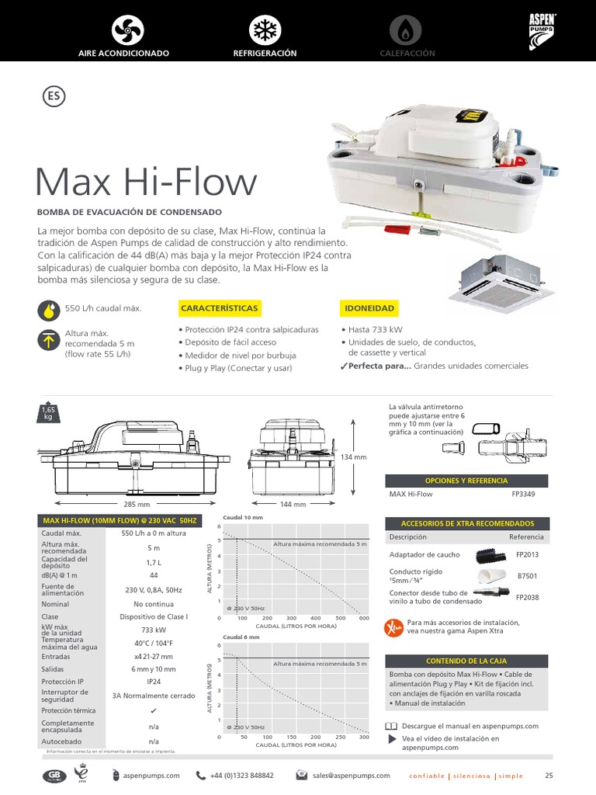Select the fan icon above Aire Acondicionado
[x=123, y=30]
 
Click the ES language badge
[x=51, y=97]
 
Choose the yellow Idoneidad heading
[x=369, y=308]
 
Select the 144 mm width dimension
[x=293, y=504]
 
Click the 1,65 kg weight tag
[x=47, y=412]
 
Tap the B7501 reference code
[x=528, y=577]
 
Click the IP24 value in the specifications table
[x=154, y=681]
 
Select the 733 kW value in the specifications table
[x=154, y=630]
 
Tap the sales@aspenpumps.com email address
[x=352, y=775]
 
